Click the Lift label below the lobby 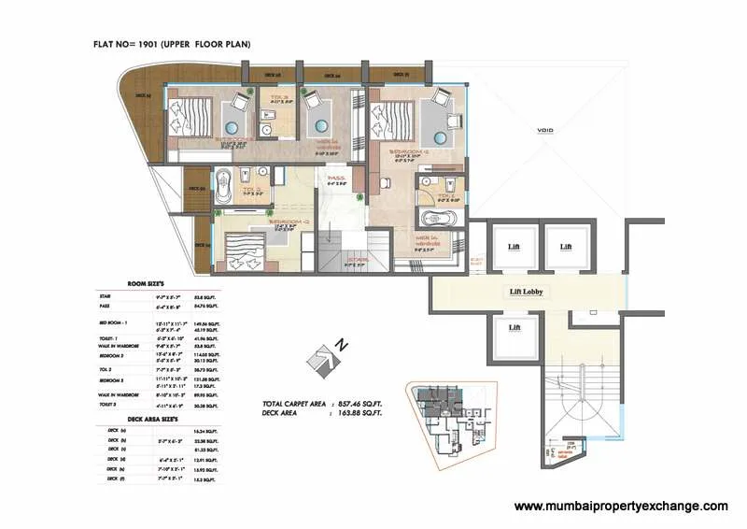pyautogui.click(x=514, y=328)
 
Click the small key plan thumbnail pyautogui.click(x=445, y=424)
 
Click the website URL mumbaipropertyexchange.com pyautogui.click(x=621, y=506)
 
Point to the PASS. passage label pyautogui.click(x=334, y=178)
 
